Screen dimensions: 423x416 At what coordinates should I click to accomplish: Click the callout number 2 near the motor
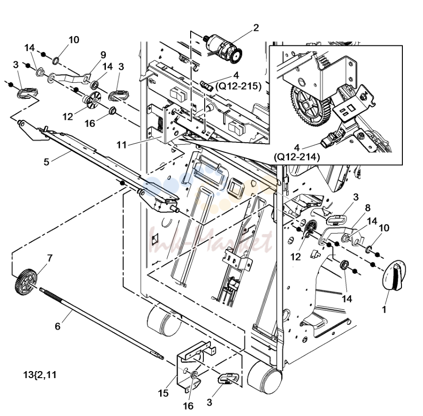click(x=256, y=28)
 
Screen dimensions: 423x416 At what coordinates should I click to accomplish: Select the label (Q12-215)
click(x=238, y=86)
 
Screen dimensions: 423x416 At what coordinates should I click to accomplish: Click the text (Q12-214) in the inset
click(x=297, y=157)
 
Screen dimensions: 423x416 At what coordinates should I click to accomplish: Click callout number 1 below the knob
click(x=384, y=310)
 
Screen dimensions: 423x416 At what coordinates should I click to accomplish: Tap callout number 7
click(x=50, y=258)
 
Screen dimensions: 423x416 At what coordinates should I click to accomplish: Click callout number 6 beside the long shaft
click(x=58, y=326)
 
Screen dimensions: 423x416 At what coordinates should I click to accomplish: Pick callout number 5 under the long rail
click(x=46, y=162)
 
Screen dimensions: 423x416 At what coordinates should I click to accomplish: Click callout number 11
click(x=121, y=145)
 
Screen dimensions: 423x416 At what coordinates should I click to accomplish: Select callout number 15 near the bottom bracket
click(x=163, y=394)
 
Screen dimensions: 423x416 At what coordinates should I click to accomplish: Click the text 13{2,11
click(x=40, y=375)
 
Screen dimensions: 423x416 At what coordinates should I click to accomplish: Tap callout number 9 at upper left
click(x=103, y=55)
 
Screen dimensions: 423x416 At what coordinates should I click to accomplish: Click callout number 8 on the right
click(x=367, y=208)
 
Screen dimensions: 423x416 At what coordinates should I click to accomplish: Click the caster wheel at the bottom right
click(x=265, y=376)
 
